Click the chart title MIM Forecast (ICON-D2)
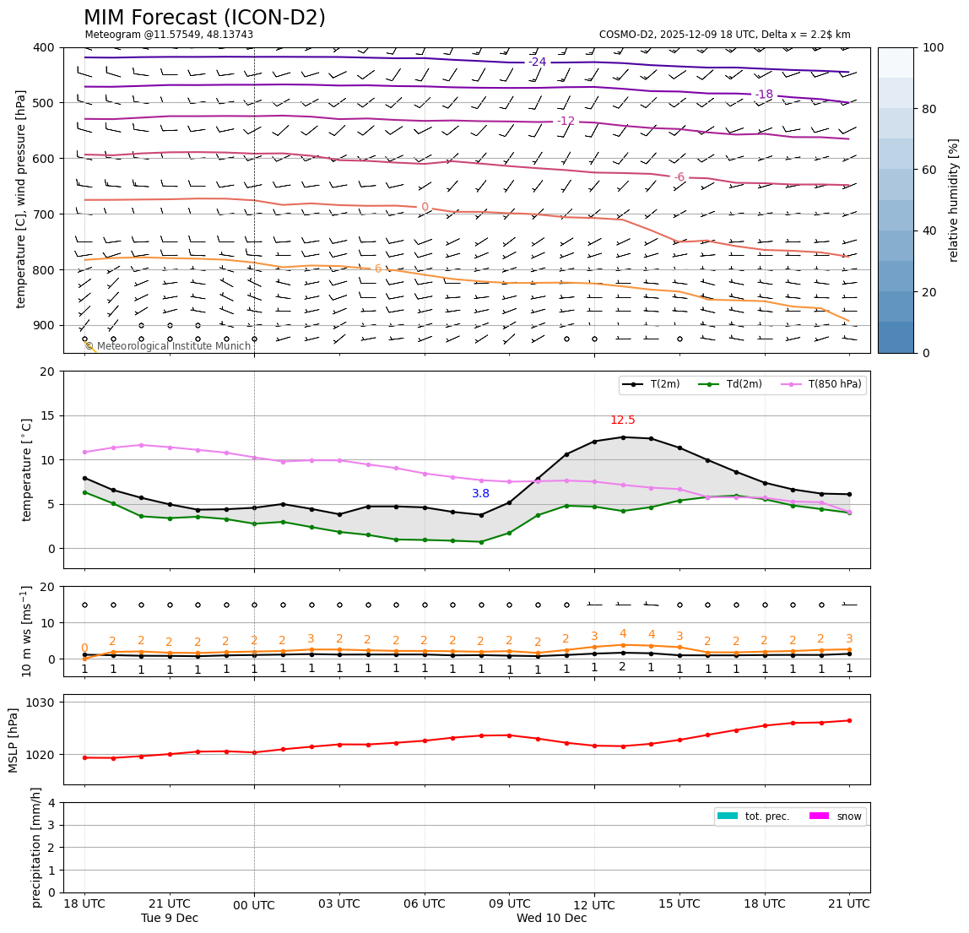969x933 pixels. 204,18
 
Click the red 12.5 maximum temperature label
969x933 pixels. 623,420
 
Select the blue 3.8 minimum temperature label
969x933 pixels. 481,494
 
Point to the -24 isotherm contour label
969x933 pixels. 538,62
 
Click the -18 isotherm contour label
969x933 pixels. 764,95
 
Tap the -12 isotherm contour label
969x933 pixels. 566,121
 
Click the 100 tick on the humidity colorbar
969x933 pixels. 934,47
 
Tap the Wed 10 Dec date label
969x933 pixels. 551,919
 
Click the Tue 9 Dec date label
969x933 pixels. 170,919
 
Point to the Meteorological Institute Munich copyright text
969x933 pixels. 168,346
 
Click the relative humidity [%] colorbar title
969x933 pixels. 954,200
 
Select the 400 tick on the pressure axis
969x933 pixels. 45,47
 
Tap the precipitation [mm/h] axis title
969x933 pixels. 36,847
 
